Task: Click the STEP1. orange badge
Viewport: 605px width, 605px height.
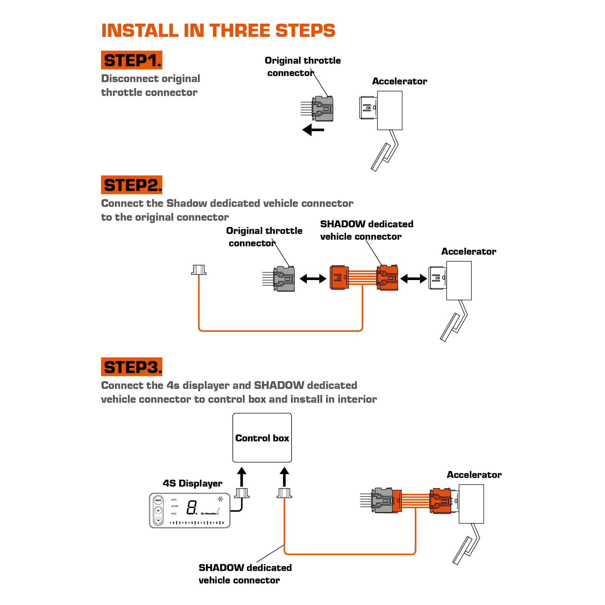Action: coord(132,60)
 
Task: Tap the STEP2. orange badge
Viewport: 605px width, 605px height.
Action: coord(132,185)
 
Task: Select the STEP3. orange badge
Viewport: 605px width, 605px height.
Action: coord(132,367)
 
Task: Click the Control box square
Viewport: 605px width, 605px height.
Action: coord(262,438)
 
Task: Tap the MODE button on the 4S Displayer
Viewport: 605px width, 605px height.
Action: coord(158,500)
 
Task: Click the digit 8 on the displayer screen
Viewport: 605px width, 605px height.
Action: coord(192,508)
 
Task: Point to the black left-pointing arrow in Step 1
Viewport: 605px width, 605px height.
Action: coord(313,129)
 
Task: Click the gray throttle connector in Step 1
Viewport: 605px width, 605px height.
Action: coord(323,109)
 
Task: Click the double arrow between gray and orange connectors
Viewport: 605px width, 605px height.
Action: coord(313,278)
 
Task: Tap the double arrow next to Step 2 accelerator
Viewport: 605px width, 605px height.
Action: coord(414,278)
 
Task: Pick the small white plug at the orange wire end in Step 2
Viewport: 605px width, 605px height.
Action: coord(199,270)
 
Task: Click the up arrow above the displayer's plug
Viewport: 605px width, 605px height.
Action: coord(241,477)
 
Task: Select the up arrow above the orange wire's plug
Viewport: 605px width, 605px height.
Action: coord(284,477)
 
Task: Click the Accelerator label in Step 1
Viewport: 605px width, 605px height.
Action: coord(400,82)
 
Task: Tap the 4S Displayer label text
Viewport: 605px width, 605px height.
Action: coord(192,483)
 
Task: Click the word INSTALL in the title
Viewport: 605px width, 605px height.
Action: coord(140,31)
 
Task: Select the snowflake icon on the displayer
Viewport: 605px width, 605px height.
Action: coord(220,499)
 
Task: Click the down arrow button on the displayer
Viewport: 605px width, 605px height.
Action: coord(158,520)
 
